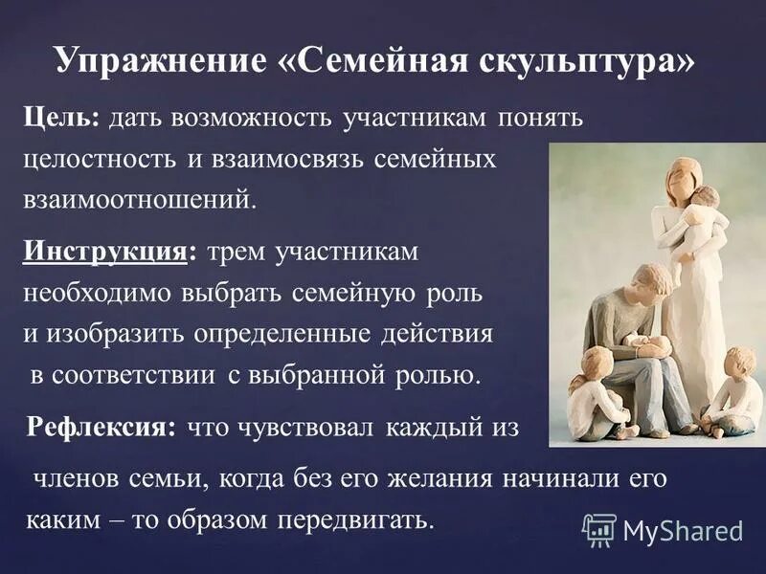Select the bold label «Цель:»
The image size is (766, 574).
60,118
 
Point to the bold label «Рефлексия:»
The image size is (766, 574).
101,428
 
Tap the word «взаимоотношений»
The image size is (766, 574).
139,199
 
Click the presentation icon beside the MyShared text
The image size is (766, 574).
599,530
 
